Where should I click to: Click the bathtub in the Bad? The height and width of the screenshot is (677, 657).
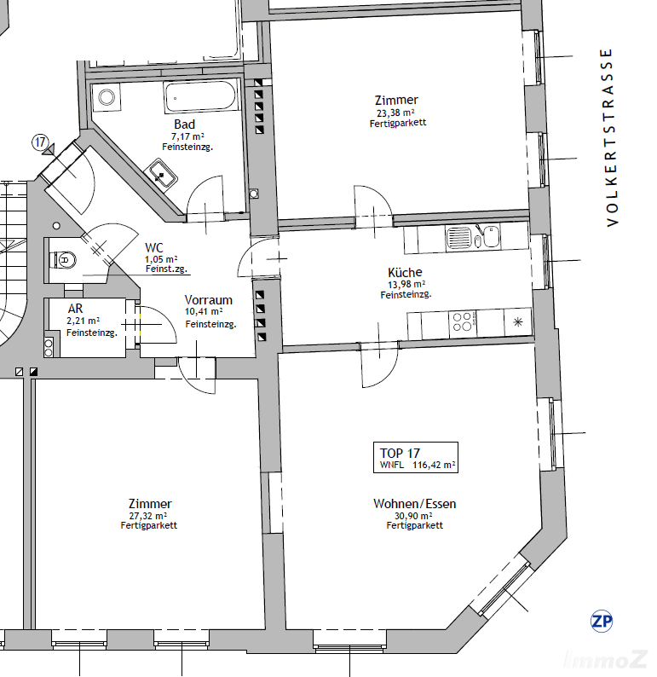click(x=200, y=97)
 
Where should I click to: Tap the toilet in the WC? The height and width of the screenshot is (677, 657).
click(x=63, y=260)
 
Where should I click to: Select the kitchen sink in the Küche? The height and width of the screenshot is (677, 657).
click(x=473, y=238)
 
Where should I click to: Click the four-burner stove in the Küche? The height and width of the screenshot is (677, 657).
click(x=463, y=322)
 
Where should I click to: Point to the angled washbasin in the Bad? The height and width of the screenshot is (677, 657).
click(x=160, y=174)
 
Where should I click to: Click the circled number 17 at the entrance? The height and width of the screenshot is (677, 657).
click(x=40, y=142)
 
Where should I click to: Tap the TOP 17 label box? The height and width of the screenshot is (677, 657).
click(x=416, y=457)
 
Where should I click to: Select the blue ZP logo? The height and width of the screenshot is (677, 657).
click(x=602, y=622)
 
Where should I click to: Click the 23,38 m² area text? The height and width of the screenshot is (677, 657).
click(x=395, y=113)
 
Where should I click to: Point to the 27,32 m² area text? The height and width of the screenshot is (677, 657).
click(x=148, y=516)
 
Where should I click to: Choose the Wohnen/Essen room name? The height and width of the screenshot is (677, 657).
click(x=414, y=503)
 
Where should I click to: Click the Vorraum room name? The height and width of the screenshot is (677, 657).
click(x=209, y=299)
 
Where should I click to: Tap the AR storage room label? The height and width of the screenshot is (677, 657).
click(x=76, y=309)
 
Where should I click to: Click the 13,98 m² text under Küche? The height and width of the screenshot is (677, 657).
click(x=406, y=285)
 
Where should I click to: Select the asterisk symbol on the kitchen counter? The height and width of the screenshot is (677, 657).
click(x=517, y=321)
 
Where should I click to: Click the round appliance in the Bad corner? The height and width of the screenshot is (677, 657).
click(x=107, y=97)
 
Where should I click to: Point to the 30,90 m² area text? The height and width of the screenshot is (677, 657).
click(x=413, y=516)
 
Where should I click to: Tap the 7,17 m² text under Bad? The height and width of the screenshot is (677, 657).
click(x=187, y=136)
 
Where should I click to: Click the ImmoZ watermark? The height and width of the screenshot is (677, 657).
click(x=606, y=659)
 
